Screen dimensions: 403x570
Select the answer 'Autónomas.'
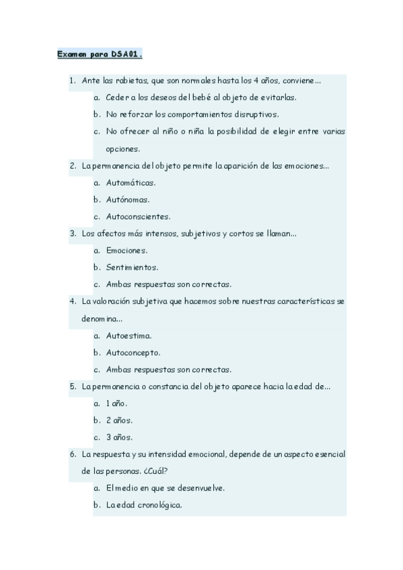pos(128,200)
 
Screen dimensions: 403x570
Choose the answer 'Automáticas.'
pos(131,183)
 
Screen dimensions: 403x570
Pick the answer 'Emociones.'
pos(126,251)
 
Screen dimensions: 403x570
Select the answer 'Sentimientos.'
pos(132,268)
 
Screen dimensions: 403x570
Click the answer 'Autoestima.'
pos(129,335)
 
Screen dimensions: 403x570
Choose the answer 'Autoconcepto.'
pos(133,352)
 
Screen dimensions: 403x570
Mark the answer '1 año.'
pos(116,403)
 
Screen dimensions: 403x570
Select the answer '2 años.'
pos(119,420)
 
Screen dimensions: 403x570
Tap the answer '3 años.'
pos(119,437)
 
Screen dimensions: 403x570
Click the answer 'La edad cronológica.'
pos(143,505)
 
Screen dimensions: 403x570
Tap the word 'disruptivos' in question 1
pos(254,114)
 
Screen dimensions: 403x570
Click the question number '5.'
pos(73,386)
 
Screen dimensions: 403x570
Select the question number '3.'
pos(73,234)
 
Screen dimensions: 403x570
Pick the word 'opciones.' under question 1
pos(122,149)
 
